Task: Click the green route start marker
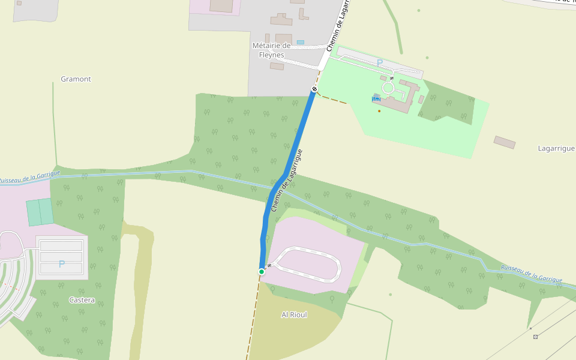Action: coord(262,272)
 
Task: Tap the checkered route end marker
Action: coord(314,89)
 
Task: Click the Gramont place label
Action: coord(76,79)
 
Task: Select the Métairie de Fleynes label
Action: coord(271,50)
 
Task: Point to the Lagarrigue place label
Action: coord(556,148)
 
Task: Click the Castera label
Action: coord(82,300)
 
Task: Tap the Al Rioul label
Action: coord(294,314)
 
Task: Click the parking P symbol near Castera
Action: coord(61,264)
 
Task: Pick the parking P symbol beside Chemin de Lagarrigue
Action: coord(379,62)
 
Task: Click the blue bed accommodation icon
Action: coord(376,98)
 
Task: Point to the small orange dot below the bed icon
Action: coord(379,110)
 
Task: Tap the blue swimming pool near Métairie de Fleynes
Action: coord(301,42)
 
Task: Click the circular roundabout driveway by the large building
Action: coord(388,88)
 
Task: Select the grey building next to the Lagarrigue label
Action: coord(505,142)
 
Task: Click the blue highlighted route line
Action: coord(294,150)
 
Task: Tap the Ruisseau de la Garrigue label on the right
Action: coord(532,274)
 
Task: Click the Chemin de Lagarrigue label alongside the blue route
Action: coord(286,180)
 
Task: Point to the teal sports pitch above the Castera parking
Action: coord(40,212)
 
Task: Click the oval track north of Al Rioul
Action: coord(309,264)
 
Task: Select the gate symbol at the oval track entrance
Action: coord(269,265)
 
